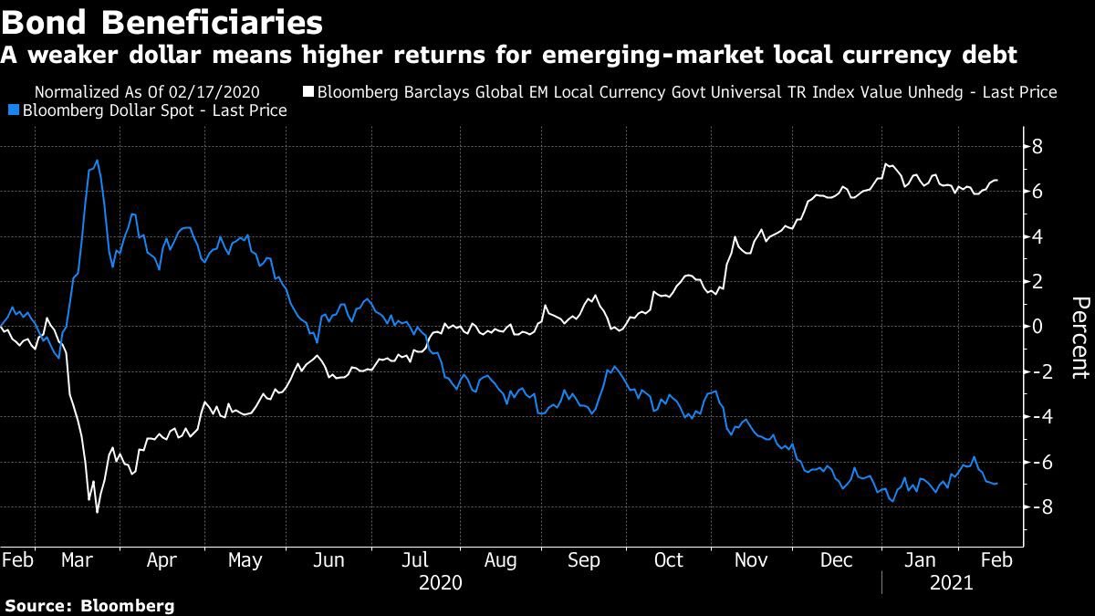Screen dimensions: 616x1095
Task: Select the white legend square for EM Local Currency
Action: (308, 92)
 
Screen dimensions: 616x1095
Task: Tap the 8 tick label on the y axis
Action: (1038, 147)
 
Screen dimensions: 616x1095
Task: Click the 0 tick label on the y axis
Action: (1038, 327)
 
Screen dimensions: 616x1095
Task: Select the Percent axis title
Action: (1079, 338)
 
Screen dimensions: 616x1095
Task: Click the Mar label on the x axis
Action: (78, 560)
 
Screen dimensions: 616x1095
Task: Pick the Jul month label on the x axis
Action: (416, 560)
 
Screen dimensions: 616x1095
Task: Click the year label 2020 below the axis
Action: (440, 582)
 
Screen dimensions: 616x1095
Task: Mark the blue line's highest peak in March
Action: (97, 162)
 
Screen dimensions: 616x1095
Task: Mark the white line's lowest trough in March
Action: (98, 512)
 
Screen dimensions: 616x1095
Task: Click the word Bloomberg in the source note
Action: (127, 605)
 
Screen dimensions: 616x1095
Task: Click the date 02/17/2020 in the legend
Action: (219, 92)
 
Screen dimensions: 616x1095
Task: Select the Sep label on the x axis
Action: (584, 560)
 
